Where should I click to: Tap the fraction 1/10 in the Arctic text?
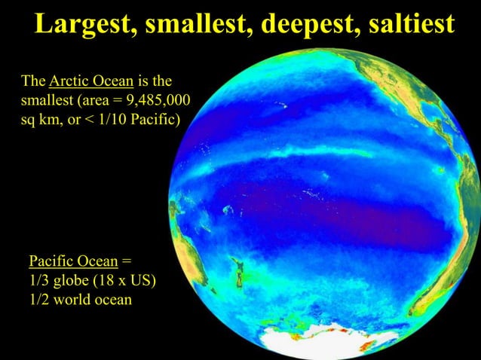click(120, 119)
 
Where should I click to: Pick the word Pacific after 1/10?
click(155, 119)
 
